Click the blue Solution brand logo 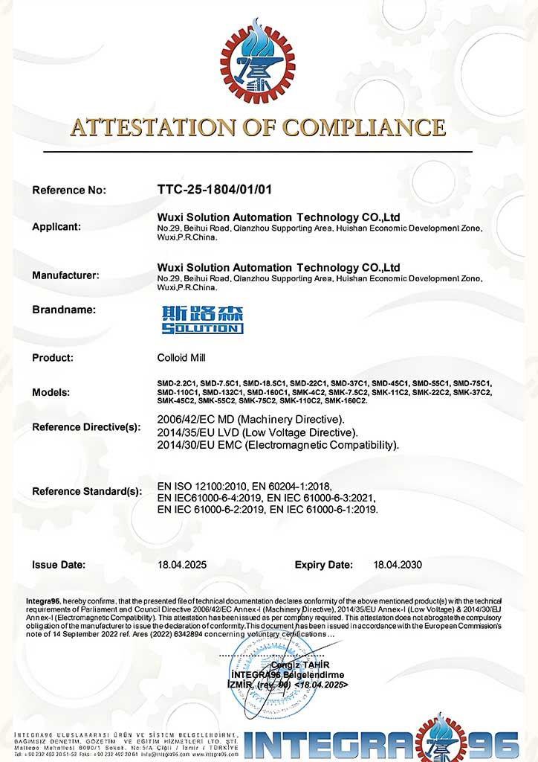201,318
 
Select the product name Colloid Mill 184,358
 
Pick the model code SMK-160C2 346,401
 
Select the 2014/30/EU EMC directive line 278,445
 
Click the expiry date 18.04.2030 398,565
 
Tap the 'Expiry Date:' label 324,565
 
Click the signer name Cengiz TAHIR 299,665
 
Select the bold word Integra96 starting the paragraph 38,601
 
